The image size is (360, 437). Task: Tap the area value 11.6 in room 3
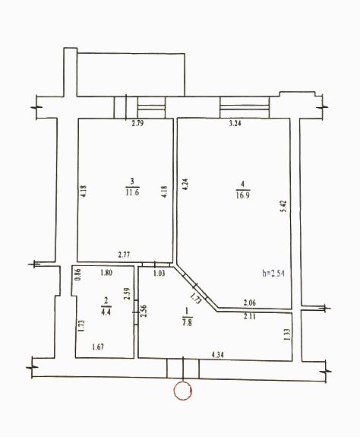tap(132, 192)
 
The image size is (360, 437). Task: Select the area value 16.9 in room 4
tap(242, 195)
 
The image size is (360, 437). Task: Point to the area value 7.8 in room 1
tap(187, 322)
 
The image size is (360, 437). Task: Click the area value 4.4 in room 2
tap(106, 312)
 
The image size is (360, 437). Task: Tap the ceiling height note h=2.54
tap(273, 273)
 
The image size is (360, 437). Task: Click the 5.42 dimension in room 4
tap(283, 206)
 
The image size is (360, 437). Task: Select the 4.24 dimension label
tap(185, 184)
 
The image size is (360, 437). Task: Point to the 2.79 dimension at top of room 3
tap(137, 123)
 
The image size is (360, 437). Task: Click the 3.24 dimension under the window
tap(235, 123)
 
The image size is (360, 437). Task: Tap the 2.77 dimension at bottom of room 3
tap(124, 255)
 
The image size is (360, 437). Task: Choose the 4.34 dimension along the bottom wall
tap(217, 355)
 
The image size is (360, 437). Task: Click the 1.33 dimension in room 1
tap(288, 334)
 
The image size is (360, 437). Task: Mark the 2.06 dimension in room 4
tap(249, 302)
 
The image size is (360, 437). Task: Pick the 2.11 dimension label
tap(249, 316)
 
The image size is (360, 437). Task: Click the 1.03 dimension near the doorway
tap(159, 273)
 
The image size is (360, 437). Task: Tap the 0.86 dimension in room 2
tap(78, 274)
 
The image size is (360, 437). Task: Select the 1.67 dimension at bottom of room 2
tap(98, 347)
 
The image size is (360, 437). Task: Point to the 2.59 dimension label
tap(128, 293)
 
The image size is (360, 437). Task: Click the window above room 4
tap(245, 107)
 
